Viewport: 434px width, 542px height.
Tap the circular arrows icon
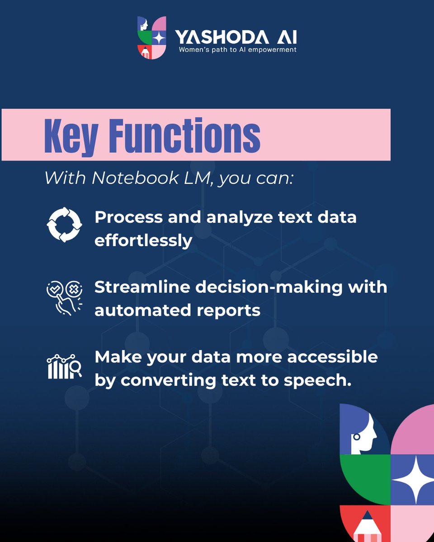tap(65, 224)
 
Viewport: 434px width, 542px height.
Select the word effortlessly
tap(143, 240)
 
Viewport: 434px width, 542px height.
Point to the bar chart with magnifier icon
tap(65, 367)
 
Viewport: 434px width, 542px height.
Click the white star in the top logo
tap(158, 38)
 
